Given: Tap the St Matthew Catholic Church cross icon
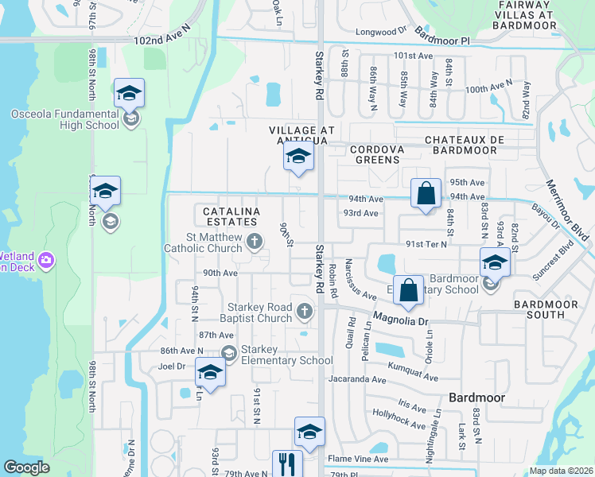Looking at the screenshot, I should point(255,240).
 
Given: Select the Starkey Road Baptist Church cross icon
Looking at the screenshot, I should point(303,310).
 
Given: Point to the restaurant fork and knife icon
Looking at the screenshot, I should point(287,463).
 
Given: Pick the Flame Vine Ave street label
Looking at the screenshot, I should point(359,459).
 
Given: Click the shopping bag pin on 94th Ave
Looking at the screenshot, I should point(426,193).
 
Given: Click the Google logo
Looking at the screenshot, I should point(26,467).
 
